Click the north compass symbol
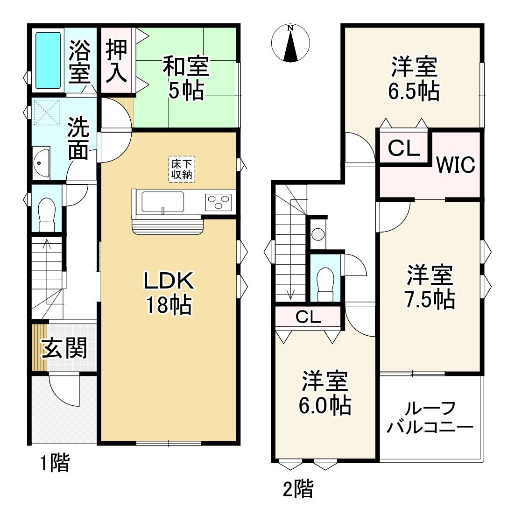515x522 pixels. coord(291,43)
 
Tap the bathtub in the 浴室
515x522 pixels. coord(49,60)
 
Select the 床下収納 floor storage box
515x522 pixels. coord(182,169)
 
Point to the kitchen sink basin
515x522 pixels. coord(163,201)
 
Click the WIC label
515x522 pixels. coord(455,164)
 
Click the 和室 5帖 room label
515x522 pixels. coord(186,78)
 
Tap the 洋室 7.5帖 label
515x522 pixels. coord(429,287)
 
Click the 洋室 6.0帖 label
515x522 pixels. coord(325,393)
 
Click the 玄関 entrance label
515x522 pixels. coord(64,348)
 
